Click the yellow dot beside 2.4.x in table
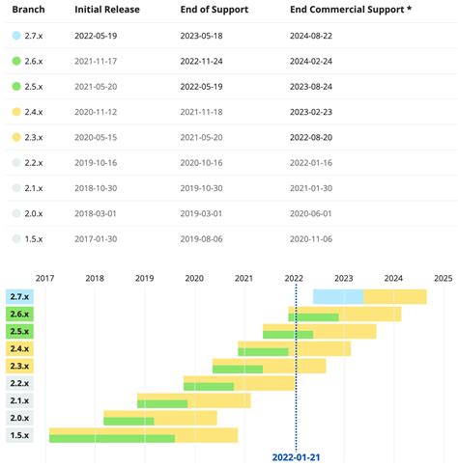click(x=16, y=112)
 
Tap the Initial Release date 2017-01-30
click(x=102, y=237)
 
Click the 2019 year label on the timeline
click(x=144, y=278)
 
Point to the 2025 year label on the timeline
click(x=444, y=278)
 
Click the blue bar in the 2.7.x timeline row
click(x=337, y=296)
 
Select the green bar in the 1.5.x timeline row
click(x=111, y=439)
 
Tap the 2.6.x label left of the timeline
click(x=19, y=314)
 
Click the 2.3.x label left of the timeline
click(x=19, y=366)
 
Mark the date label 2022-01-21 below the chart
click(x=297, y=457)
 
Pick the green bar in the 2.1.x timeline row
click(x=162, y=403)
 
